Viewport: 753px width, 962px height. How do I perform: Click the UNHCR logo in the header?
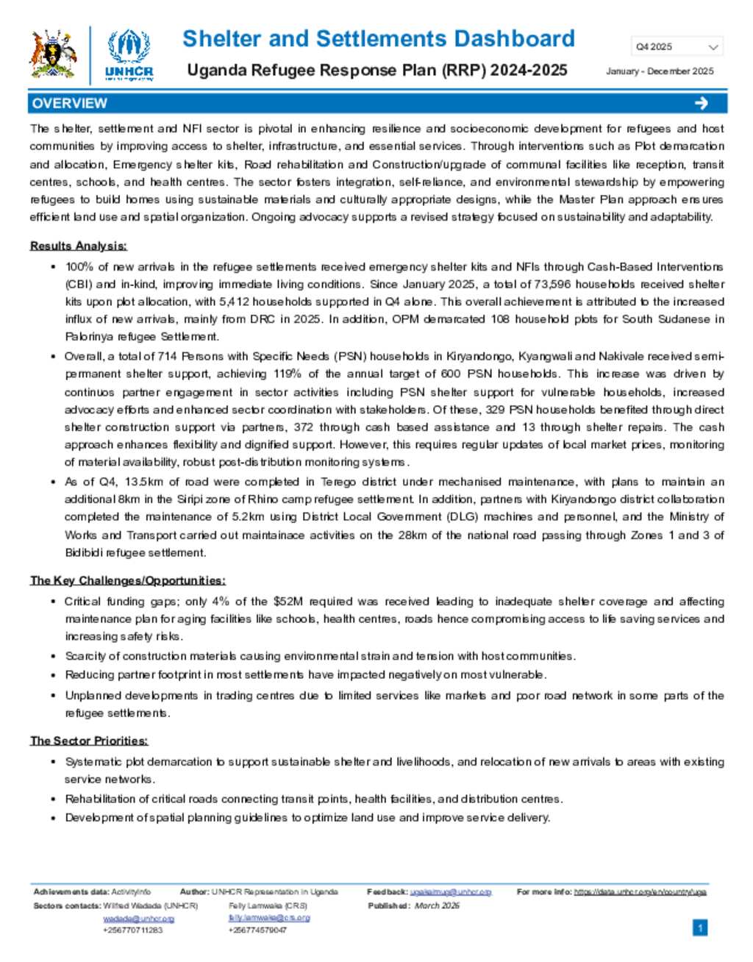(129, 54)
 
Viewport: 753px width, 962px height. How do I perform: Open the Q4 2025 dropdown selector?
(677, 46)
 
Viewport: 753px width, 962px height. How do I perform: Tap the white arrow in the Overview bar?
(701, 103)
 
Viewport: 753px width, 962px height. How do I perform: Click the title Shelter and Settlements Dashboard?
(378, 38)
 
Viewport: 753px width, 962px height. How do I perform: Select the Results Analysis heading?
(78, 246)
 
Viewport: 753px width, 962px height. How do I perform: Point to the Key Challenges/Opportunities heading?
(127, 580)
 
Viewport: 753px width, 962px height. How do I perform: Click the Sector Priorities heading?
(88, 741)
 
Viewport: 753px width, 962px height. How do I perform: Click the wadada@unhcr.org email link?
(138, 919)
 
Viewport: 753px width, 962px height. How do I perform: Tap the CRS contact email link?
(269, 918)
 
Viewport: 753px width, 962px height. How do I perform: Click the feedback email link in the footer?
(450, 892)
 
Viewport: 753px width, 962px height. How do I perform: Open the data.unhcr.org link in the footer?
(640, 892)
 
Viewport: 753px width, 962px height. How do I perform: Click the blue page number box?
(700, 928)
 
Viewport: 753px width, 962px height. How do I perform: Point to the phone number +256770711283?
(132, 930)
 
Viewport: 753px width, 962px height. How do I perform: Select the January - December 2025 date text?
(660, 71)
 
